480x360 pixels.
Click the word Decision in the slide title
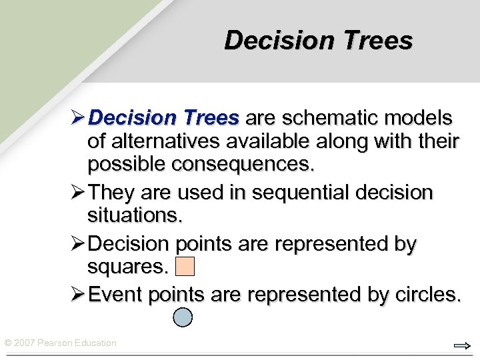(x=277, y=40)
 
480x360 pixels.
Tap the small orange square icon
(x=184, y=267)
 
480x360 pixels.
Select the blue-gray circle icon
(x=183, y=317)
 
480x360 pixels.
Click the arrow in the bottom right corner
(x=461, y=345)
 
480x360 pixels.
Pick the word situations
(x=134, y=215)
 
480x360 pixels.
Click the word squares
(x=127, y=267)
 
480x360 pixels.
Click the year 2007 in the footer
(x=25, y=343)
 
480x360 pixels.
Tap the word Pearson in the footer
(x=56, y=343)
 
